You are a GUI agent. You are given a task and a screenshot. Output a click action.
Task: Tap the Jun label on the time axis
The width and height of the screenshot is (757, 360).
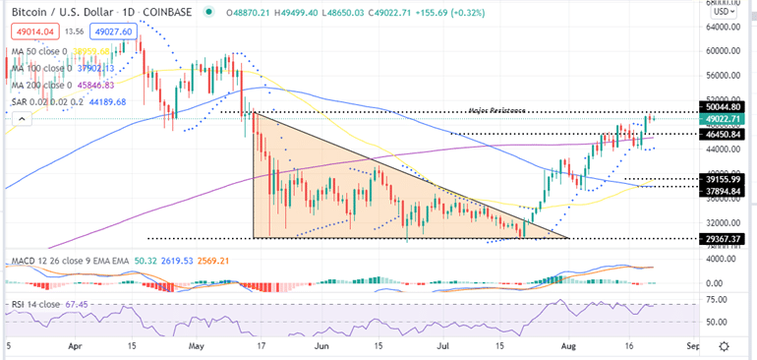321,347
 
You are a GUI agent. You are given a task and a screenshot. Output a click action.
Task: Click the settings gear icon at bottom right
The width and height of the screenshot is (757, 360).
725,347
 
